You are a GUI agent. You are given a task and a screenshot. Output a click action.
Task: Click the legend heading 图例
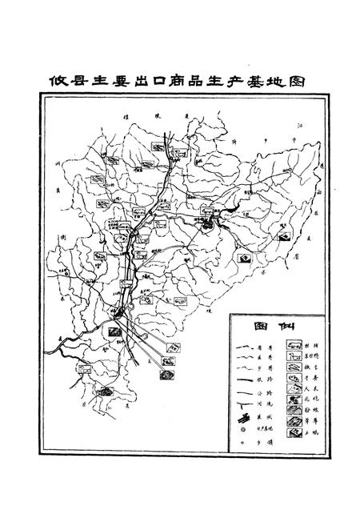(268, 326)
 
